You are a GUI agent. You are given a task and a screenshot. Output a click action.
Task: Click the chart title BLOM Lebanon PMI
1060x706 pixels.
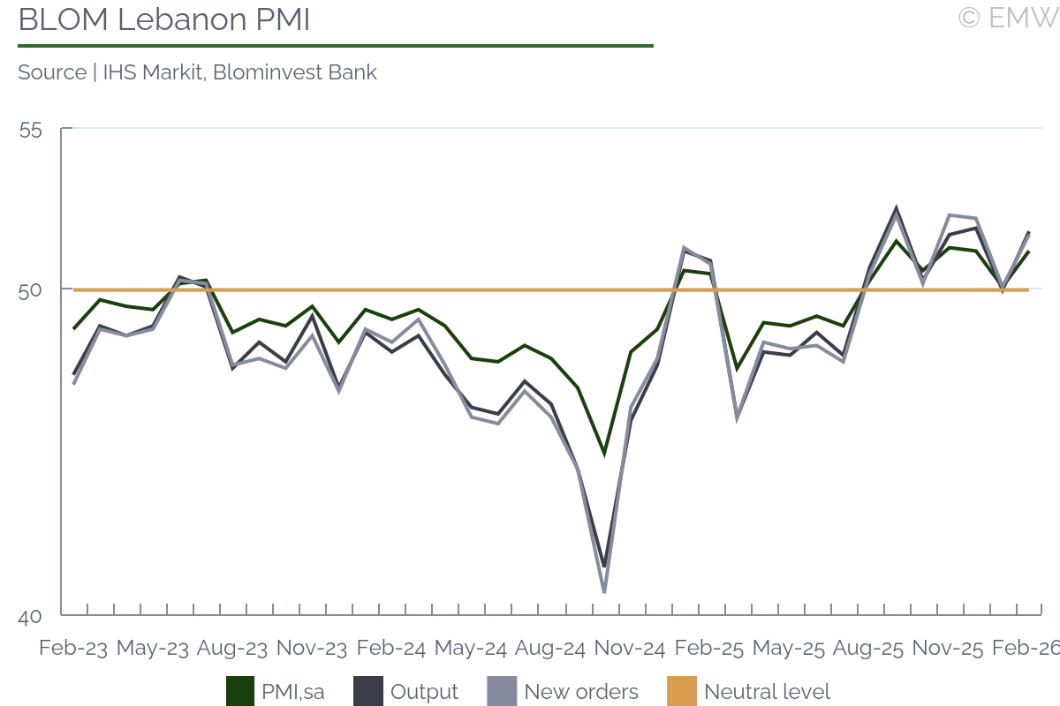pyautogui.click(x=164, y=19)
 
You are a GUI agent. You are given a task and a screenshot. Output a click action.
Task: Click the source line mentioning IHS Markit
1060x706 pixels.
pyautogui.click(x=197, y=72)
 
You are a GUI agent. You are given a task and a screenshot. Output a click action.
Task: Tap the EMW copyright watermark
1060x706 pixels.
pyautogui.click(x=1007, y=18)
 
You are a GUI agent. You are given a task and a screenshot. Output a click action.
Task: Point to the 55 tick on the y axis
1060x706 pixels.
pyautogui.click(x=30, y=130)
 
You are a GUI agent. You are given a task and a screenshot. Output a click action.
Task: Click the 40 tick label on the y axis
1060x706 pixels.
pyautogui.click(x=30, y=617)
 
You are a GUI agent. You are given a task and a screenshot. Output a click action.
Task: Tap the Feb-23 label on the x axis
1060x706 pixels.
pyautogui.click(x=73, y=649)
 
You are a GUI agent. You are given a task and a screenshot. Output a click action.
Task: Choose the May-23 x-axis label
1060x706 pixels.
pyautogui.click(x=153, y=649)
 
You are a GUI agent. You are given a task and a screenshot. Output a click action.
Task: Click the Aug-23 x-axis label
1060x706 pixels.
pyautogui.click(x=232, y=649)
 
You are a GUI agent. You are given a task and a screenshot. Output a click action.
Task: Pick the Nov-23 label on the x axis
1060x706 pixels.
pyautogui.click(x=312, y=649)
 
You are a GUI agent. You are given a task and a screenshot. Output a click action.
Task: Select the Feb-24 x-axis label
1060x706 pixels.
pyautogui.click(x=391, y=649)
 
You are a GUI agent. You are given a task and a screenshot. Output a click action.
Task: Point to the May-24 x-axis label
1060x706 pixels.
pyautogui.click(x=471, y=649)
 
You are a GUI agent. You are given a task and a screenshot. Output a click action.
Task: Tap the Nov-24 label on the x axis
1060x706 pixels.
pyautogui.click(x=630, y=649)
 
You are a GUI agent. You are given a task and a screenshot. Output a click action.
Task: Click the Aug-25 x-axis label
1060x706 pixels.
pyautogui.click(x=868, y=649)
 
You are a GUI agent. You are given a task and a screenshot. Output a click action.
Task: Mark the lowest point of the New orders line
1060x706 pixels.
pyautogui.click(x=604, y=592)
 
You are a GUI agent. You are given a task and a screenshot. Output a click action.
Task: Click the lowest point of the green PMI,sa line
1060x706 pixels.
pyautogui.click(x=604, y=454)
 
